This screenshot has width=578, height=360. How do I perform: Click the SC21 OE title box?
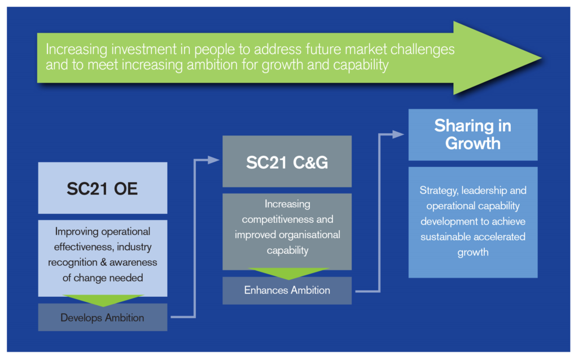(x=103, y=188)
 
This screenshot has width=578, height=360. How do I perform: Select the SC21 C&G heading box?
(x=287, y=161)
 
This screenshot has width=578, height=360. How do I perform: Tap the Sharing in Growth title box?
(x=473, y=134)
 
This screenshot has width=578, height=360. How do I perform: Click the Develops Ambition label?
(x=103, y=318)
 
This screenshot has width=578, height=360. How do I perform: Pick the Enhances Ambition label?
(x=287, y=291)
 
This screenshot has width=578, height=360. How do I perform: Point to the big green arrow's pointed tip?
(x=541, y=58)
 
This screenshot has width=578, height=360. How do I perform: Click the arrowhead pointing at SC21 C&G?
(x=214, y=160)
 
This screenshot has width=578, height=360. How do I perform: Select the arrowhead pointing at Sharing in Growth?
(x=399, y=134)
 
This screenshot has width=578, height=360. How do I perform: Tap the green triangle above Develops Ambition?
(x=103, y=300)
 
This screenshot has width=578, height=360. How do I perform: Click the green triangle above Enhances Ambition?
(x=288, y=274)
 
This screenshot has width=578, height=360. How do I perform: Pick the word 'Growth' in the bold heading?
(x=473, y=143)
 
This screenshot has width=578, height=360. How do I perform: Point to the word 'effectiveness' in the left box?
(x=84, y=247)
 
